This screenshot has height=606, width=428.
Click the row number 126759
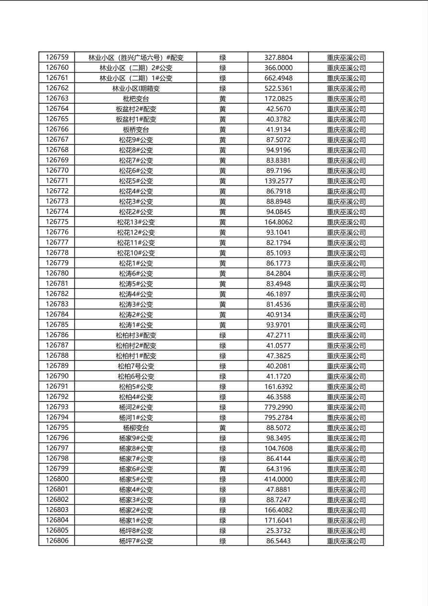point(57,57)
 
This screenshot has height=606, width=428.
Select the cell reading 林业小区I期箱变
point(136,88)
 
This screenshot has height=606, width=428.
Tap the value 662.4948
point(278,78)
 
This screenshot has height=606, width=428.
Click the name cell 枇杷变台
point(136,98)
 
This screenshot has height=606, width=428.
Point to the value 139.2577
point(278,181)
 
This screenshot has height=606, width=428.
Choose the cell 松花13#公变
point(136,222)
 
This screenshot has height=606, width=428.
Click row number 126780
point(57,273)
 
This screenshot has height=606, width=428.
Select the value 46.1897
point(278,294)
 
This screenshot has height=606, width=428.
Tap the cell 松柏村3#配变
point(136,335)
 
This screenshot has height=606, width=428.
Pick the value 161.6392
point(278,387)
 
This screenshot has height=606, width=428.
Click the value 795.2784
point(278,417)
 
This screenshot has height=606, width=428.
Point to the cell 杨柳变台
point(136,428)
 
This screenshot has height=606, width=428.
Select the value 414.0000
point(278,479)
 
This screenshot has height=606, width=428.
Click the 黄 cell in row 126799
point(223,469)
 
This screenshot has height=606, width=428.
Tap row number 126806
point(57,541)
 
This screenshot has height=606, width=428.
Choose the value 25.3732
point(278,531)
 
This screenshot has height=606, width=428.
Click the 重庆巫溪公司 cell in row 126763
point(346,98)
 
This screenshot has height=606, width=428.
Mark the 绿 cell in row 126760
point(223,68)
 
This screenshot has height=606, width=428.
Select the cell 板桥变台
point(136,129)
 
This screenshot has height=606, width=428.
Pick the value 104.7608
point(278,448)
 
